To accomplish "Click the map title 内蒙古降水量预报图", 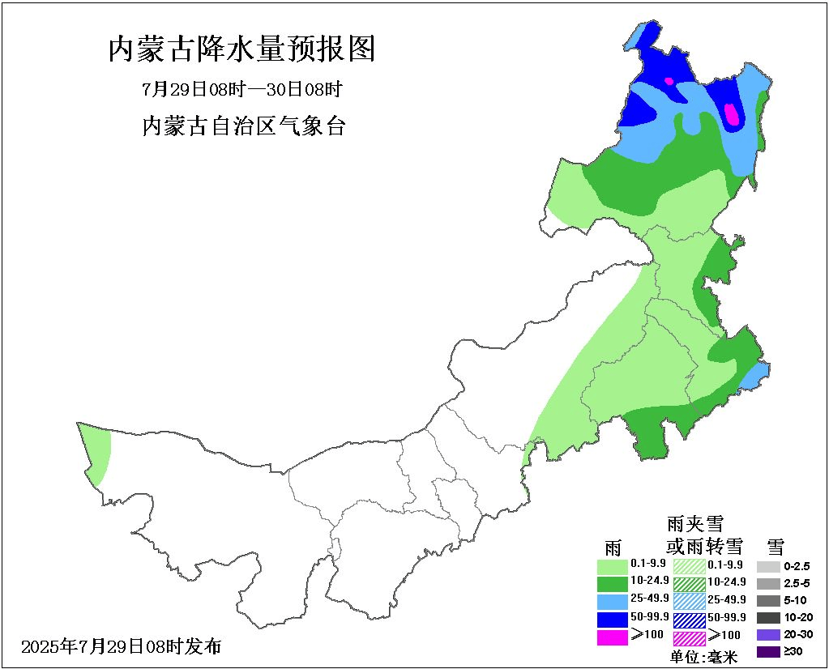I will pyautogui.click(x=242, y=49).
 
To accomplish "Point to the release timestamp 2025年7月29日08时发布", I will pyautogui.click(x=121, y=646).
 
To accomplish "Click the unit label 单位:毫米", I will pyautogui.click(x=703, y=657).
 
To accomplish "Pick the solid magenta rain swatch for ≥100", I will pyautogui.click(x=612, y=637).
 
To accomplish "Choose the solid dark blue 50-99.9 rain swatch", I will pyautogui.click(x=612, y=619).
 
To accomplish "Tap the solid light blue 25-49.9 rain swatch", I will pyautogui.click(x=612, y=601).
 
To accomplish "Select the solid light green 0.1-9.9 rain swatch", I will pyautogui.click(x=612, y=565).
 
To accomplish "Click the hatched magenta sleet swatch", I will pyautogui.click(x=689, y=637).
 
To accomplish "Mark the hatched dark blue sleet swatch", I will pyautogui.click(x=689, y=619).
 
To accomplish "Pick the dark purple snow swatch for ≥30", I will pyautogui.click(x=768, y=651).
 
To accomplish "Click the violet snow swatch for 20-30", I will pyautogui.click(x=768, y=634).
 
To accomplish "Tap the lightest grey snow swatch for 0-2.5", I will pyautogui.click(x=768, y=566).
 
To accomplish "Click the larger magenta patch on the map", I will pyautogui.click(x=732, y=114).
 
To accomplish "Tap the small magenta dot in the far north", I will pyautogui.click(x=669, y=81).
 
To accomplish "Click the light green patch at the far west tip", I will pyautogui.click(x=97, y=452).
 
